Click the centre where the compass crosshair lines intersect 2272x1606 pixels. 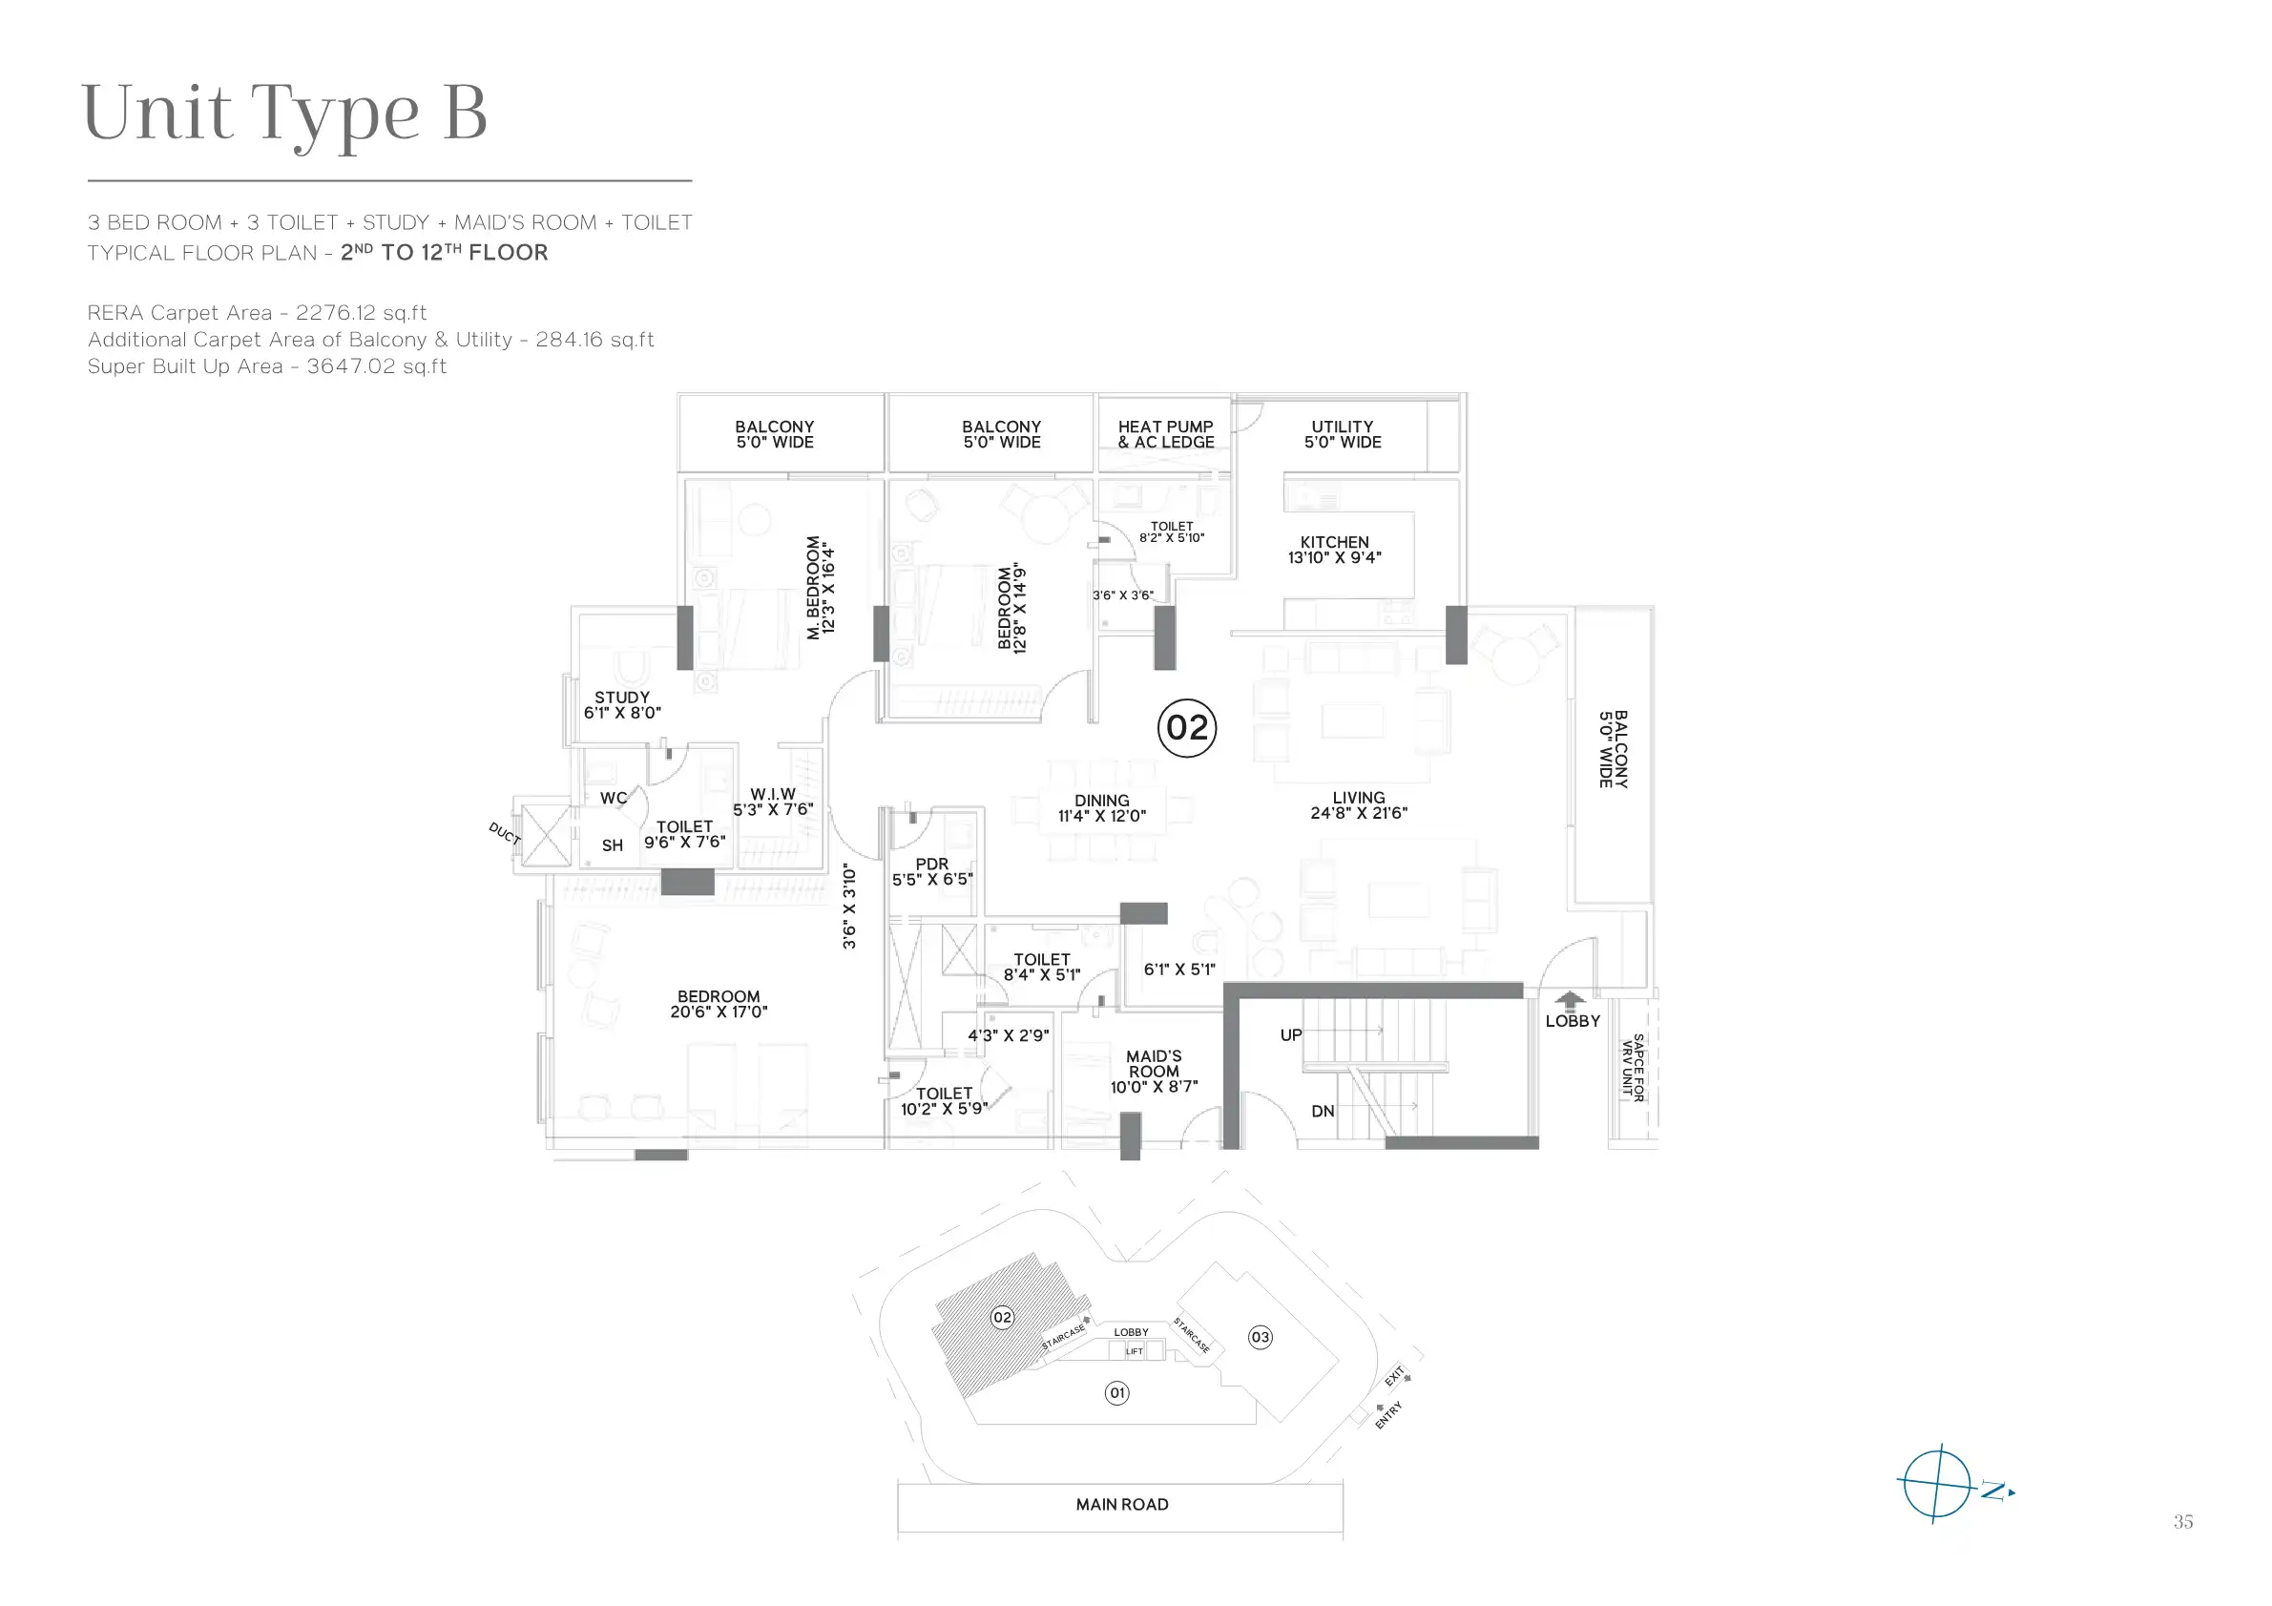pos(1937,1483)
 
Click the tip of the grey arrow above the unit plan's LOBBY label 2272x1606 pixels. pos(1570,992)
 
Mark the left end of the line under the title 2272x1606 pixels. pos(88,181)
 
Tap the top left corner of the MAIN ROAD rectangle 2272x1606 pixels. pos(899,1482)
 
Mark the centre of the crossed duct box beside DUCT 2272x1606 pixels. pos(546,836)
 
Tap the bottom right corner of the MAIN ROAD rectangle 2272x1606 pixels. pos(1343,1532)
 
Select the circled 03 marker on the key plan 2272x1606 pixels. pos(1260,1337)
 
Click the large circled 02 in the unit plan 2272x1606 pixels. pos(1186,728)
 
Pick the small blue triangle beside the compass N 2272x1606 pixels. pos(2011,1492)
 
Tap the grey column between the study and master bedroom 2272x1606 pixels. pos(685,638)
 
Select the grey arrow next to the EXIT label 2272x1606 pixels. pos(1407,1376)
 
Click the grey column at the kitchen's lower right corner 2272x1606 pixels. pos(1456,636)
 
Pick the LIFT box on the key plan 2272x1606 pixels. pos(1134,1350)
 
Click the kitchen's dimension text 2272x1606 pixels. pos(1335,558)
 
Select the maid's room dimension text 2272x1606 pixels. pos(1154,1088)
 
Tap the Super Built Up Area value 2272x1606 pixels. pos(377,367)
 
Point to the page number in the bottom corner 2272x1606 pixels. pos(2184,1522)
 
